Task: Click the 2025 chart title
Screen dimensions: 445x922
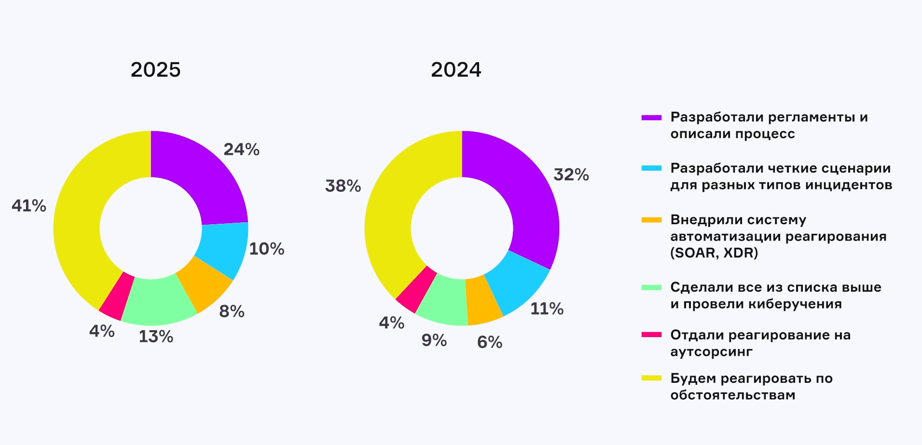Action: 155,70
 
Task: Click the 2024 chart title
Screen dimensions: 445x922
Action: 456,70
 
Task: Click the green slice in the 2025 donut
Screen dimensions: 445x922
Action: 157,301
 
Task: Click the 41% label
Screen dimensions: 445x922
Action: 29,206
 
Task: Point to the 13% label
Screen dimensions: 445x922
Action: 156,337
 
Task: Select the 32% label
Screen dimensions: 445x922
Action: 571,175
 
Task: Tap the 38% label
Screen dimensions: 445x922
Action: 343,186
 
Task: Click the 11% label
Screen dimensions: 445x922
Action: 547,309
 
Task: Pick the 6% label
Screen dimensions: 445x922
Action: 490,342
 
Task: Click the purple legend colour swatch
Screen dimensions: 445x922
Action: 651,117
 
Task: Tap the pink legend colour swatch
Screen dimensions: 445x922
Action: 651,335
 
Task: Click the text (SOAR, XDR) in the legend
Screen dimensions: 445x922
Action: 714,253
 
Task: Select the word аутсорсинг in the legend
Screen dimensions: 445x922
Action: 711,351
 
